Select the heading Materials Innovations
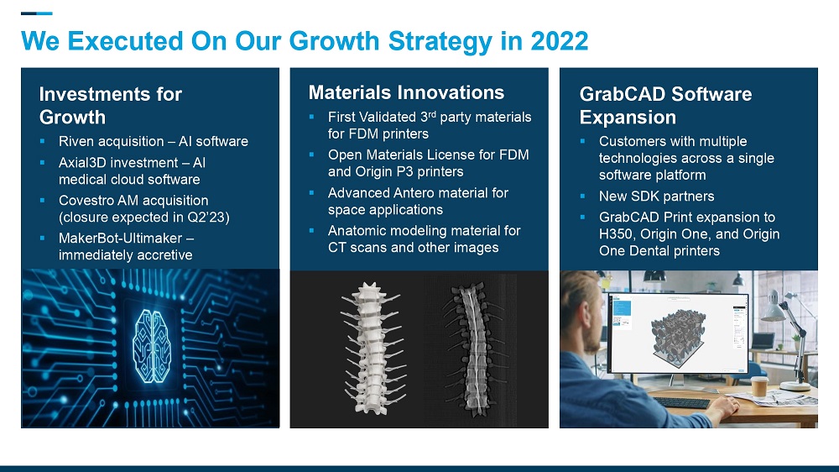pyautogui.click(x=406, y=92)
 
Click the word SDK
pyautogui.click(x=644, y=196)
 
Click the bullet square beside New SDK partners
pyautogui.click(x=583, y=196)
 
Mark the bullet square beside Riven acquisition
pyautogui.click(x=42, y=141)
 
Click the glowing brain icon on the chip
pyautogui.click(x=152, y=346)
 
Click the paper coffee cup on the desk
pyautogui.click(x=759, y=385)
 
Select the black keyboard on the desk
pyautogui.click(x=681, y=402)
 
